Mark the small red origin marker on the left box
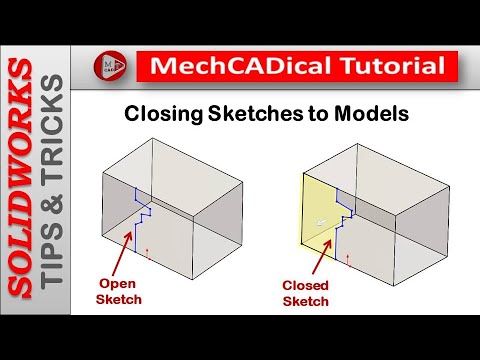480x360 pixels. [x=147, y=255]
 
